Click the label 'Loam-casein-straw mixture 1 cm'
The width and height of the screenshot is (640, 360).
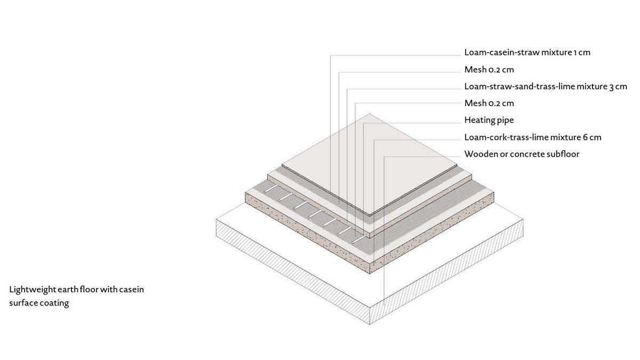(527, 53)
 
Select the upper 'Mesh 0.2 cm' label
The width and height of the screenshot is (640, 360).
(489, 70)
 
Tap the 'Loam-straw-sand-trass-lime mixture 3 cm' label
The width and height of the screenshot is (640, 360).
(545, 86)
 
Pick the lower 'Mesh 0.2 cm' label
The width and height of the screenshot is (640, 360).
(489, 103)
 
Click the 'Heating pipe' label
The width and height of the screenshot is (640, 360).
(489, 121)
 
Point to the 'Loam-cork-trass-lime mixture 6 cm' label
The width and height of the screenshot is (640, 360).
(532, 138)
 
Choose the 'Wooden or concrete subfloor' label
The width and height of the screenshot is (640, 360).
(522, 155)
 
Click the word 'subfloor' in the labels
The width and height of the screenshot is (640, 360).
(562, 155)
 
